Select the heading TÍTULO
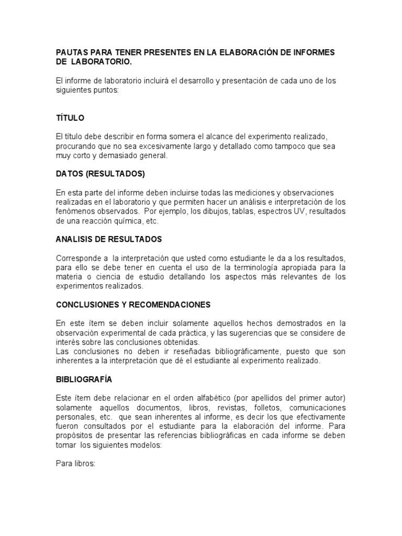(70, 118)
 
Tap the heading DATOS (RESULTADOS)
(100, 174)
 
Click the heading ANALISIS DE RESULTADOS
(109, 239)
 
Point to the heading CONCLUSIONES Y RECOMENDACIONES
(133, 304)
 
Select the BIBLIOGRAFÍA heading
(84, 378)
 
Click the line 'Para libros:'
(75, 463)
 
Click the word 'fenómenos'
(74, 211)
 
